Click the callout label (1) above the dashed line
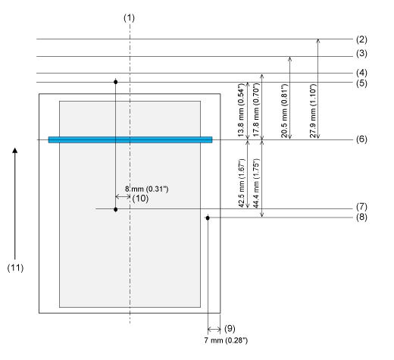[x=129, y=18]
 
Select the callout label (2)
[x=361, y=39]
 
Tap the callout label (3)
[x=361, y=54]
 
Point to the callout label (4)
[x=361, y=73]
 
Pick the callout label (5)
[x=361, y=83]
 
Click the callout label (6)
[x=361, y=139]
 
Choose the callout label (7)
[x=361, y=207]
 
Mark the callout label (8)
[x=361, y=217]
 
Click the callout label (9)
[x=230, y=328]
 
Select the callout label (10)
[x=140, y=199]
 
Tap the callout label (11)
[x=15, y=268]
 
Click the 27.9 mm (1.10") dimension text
[x=313, y=111]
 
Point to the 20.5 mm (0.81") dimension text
[x=284, y=111]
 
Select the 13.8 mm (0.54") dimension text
[x=241, y=110]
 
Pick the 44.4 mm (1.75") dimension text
[x=256, y=183]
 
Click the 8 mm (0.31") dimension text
[x=146, y=189]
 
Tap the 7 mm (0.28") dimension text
[x=226, y=340]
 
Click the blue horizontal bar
[x=130, y=139]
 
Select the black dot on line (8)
[x=208, y=218]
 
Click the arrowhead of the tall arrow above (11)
[x=15, y=150]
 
